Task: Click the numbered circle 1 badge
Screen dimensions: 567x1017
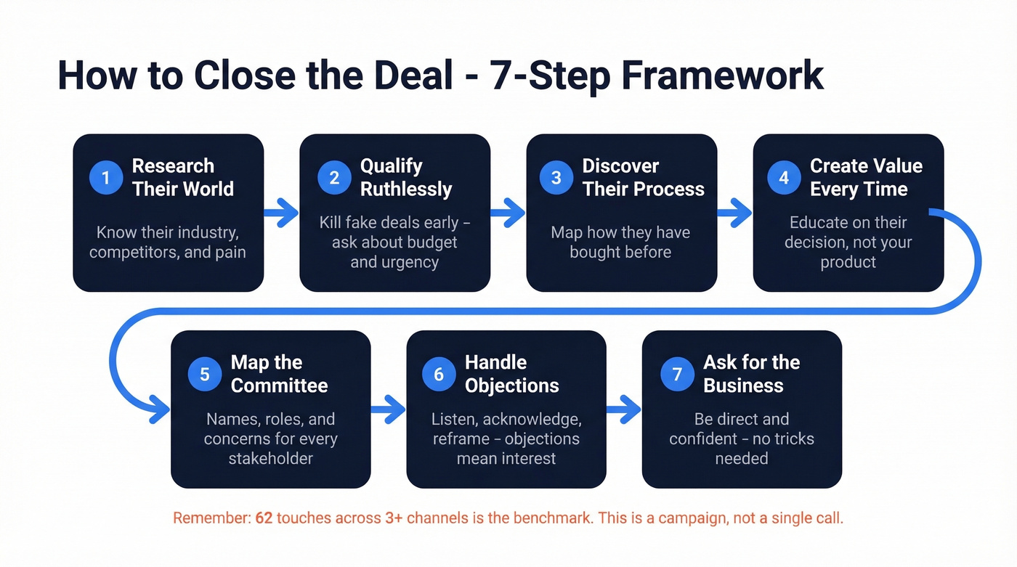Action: tap(106, 178)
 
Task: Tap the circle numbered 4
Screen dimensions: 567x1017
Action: tap(784, 178)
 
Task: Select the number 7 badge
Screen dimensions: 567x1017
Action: tap(677, 374)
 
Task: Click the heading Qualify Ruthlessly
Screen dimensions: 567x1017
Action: tap(406, 178)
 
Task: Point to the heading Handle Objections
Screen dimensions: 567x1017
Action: tap(511, 374)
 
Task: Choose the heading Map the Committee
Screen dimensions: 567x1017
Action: tap(279, 374)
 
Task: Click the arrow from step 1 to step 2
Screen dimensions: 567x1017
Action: tap(281, 213)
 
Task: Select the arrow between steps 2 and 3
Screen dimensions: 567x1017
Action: tap(508, 213)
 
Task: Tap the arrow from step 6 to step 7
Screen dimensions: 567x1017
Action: tap(623, 410)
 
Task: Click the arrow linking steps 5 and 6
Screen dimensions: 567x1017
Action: tap(388, 410)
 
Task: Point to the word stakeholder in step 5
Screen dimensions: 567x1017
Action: tap(270, 459)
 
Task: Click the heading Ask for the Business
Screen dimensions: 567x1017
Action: tap(751, 374)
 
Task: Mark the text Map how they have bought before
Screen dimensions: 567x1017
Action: tap(620, 242)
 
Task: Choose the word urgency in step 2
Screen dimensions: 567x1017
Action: tap(394, 262)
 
